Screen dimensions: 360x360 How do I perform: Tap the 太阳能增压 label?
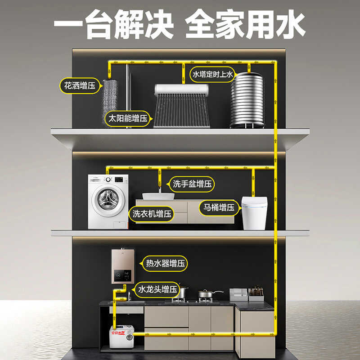point(127,119)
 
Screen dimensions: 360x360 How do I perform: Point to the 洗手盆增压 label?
point(192,184)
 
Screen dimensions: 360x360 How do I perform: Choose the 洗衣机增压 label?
point(152,214)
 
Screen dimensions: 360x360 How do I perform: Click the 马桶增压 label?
point(218,207)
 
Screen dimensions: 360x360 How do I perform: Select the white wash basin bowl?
point(158,196)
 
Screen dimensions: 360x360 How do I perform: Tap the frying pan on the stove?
point(208,294)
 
